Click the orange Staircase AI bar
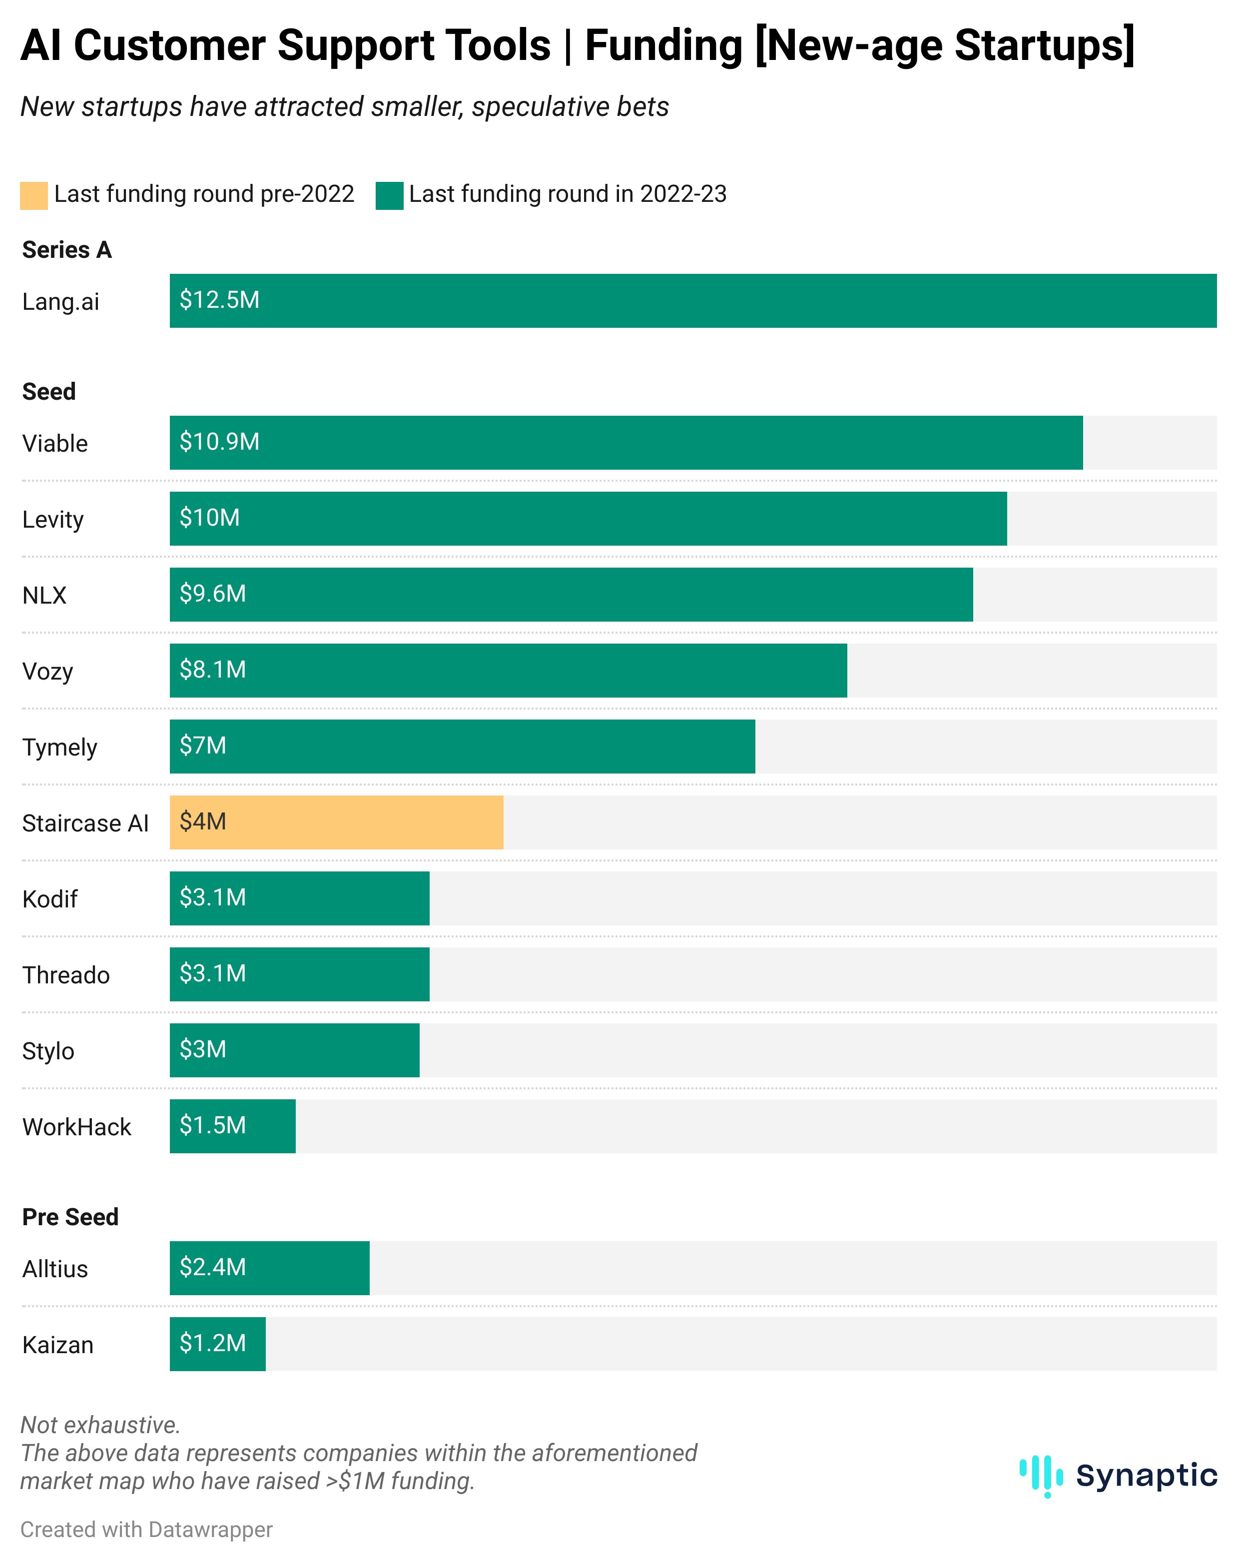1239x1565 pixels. click(336, 822)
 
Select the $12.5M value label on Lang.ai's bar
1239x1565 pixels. click(219, 300)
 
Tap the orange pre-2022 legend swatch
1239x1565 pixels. click(33, 195)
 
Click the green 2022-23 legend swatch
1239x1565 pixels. click(389, 195)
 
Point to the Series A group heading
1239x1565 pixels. click(67, 249)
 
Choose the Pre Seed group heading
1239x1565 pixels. click(70, 1217)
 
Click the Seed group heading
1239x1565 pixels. click(48, 391)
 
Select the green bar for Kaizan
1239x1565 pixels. click(218, 1344)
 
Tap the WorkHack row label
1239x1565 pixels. click(76, 1127)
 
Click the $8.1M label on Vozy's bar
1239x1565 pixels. click(212, 669)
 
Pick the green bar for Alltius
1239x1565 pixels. click(269, 1268)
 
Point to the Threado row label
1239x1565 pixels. click(66, 975)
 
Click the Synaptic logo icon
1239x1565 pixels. click(1041, 1476)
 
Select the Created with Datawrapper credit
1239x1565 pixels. click(146, 1530)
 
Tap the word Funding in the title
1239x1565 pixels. click(663, 45)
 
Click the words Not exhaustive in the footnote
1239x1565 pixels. click(100, 1425)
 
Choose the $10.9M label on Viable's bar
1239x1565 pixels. click(219, 441)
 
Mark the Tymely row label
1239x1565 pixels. click(59, 748)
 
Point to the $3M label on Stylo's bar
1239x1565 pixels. click(203, 1049)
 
